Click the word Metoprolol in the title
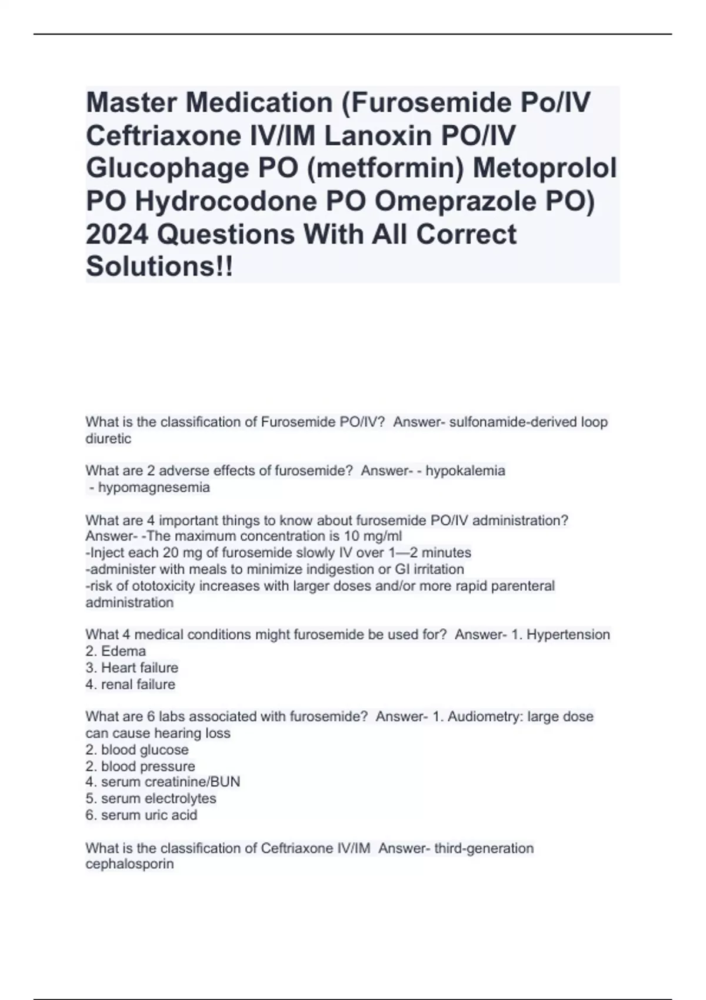point(545,169)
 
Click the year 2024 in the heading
point(116,234)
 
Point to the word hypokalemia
point(465,471)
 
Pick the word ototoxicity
point(163,586)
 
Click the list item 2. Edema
point(116,651)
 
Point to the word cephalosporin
point(129,864)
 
